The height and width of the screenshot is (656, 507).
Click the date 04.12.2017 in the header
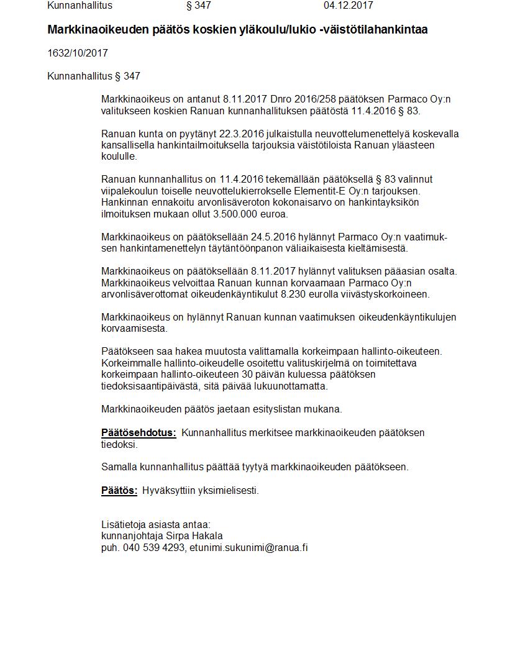tap(348, 6)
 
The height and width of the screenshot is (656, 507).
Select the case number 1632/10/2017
tap(78, 53)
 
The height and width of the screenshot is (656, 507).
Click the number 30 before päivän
tap(248, 374)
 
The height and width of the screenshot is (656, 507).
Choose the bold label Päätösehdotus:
tap(139, 432)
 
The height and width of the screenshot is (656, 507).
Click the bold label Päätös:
tap(119, 490)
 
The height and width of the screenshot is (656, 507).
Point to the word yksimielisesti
tap(229, 490)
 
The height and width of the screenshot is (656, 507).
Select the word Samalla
tap(119, 467)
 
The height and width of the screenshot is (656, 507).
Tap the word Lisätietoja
tap(124, 524)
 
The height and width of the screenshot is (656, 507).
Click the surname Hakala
tap(208, 535)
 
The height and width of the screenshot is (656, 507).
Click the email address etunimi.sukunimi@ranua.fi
tap(249, 547)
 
